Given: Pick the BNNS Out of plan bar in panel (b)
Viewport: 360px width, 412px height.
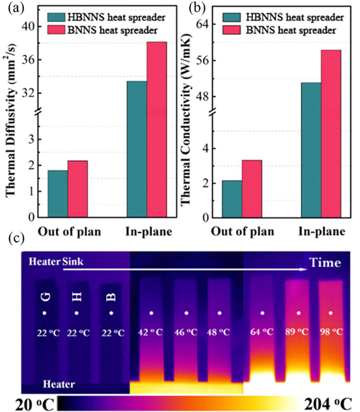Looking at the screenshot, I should coord(252,188).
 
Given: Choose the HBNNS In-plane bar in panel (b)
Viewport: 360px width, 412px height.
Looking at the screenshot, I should coord(311,150).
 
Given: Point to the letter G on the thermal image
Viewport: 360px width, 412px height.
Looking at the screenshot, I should coord(44,297).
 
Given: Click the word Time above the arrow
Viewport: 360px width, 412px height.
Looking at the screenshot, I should coord(325,262).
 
